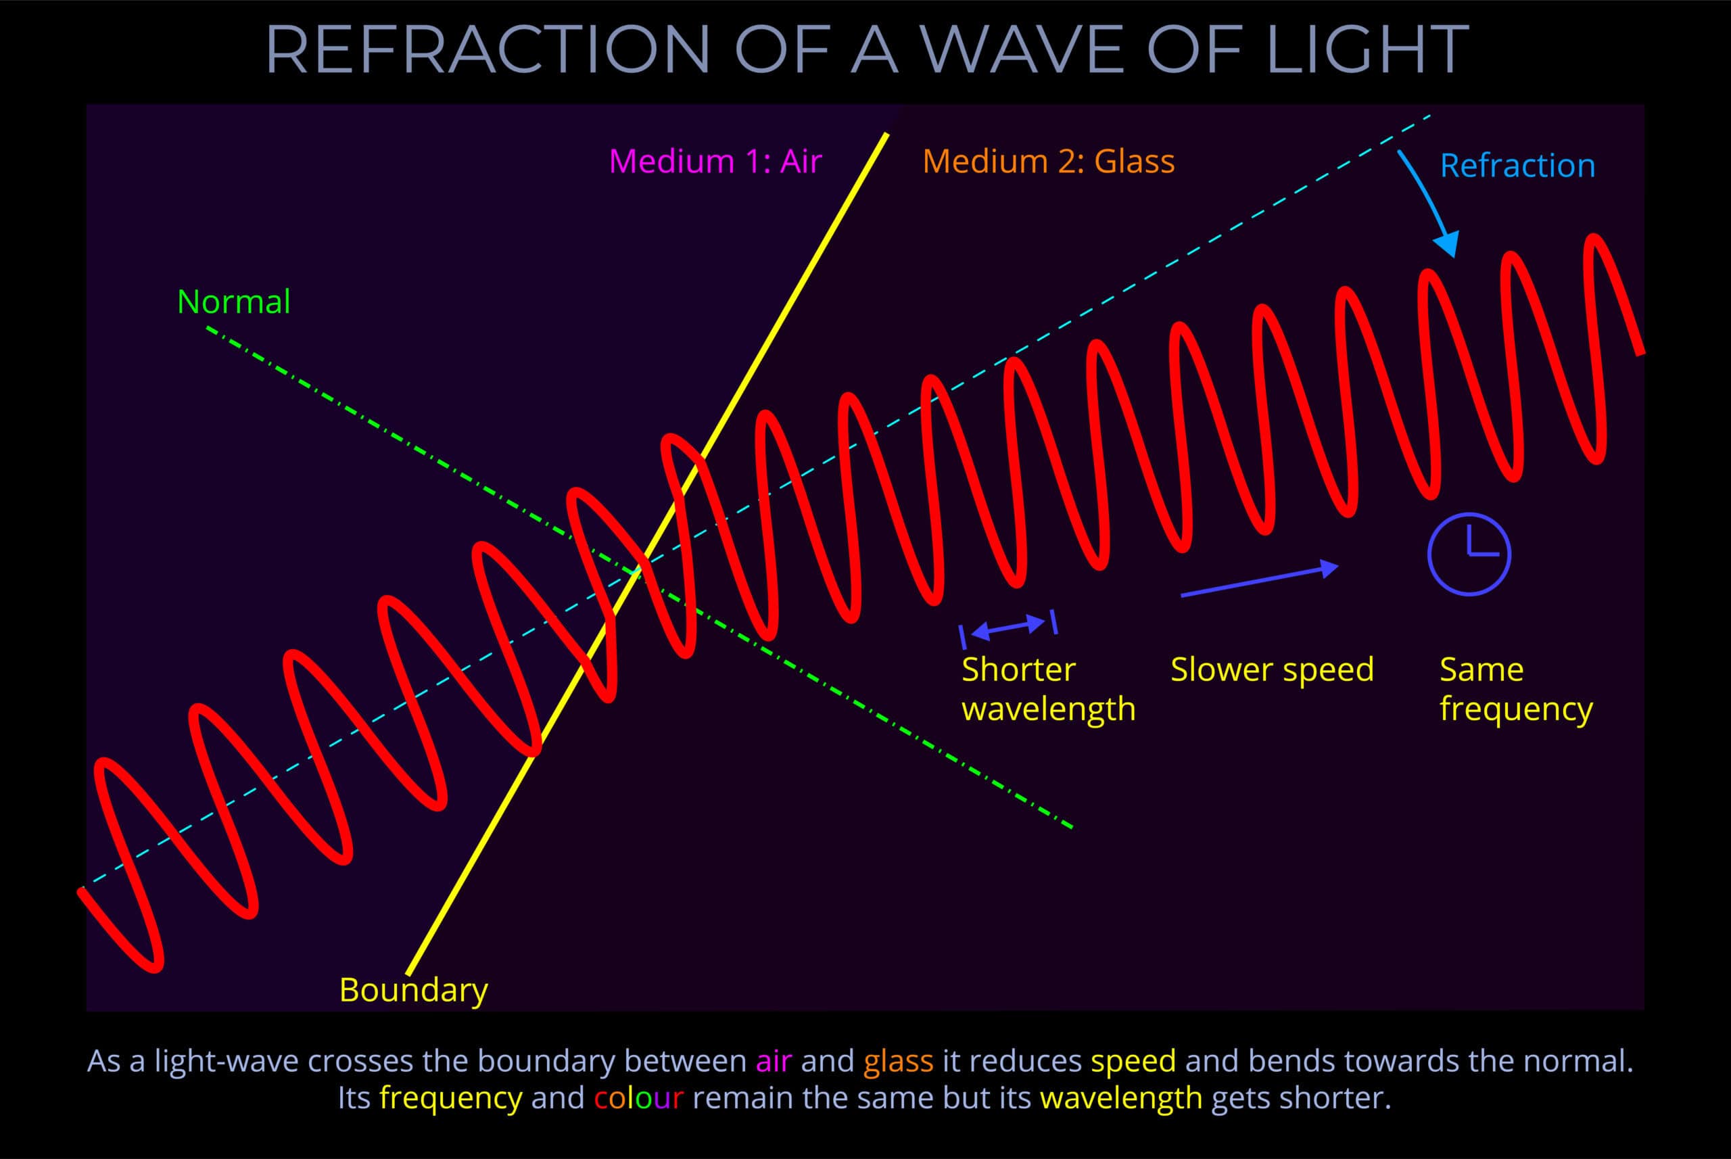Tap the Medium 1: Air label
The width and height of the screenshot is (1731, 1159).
[x=715, y=161]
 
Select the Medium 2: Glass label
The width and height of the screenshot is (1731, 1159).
[x=1048, y=161]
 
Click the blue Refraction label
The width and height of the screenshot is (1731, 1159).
[x=1517, y=166]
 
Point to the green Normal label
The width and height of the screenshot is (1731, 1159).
[x=233, y=302]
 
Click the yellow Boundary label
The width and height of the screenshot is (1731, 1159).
[x=413, y=991]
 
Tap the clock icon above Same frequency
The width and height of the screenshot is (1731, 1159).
[x=1468, y=554]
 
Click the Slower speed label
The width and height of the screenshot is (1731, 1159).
[x=1271, y=669]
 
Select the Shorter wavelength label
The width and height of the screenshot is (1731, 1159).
[x=1047, y=689]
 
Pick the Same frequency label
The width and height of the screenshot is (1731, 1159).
[x=1515, y=689]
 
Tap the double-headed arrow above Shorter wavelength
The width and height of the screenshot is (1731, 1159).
[x=1008, y=628]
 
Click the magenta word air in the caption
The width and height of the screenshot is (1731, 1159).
[x=773, y=1062]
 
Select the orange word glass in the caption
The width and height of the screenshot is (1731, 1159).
[x=898, y=1062]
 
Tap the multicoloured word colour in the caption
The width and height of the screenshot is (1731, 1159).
[x=638, y=1098]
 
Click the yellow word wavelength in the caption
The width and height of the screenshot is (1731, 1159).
[x=1120, y=1099]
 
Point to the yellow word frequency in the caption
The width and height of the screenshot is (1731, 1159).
[x=450, y=1099]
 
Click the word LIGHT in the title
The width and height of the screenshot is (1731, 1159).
[x=1367, y=50]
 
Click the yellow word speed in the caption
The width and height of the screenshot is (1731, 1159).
[x=1133, y=1062]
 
